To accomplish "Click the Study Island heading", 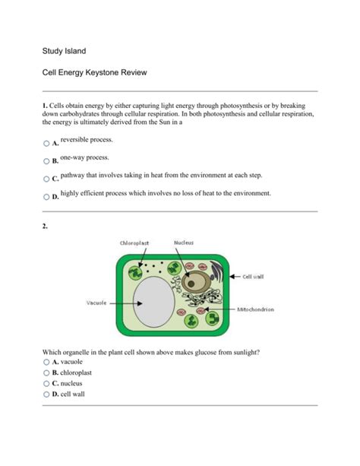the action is [64, 51].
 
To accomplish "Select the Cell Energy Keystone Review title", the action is [94, 72].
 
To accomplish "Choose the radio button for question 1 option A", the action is [46, 144].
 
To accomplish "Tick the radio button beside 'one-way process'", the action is [46, 161].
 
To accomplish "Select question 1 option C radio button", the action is [46, 179].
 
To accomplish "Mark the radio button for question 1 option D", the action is [46, 197].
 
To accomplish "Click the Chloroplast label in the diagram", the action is [134, 243].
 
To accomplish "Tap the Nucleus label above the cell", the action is [184, 243].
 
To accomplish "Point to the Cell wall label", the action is [253, 277].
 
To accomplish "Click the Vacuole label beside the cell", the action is [96, 303].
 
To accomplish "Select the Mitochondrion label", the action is [255, 309].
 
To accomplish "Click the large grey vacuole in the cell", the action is [154, 302].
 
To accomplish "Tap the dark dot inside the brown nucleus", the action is [191, 284].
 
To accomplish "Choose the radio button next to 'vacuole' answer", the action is [46, 362].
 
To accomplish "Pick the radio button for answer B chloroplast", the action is [46, 372].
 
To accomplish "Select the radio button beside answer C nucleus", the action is [46, 384].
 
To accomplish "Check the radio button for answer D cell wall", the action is [46, 395].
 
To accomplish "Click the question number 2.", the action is [45, 227].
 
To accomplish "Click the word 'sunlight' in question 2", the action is [247, 353].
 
